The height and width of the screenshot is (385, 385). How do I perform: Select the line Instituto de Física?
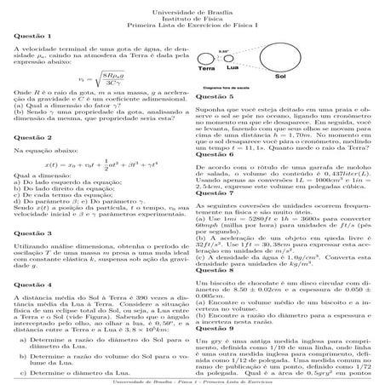(192, 17)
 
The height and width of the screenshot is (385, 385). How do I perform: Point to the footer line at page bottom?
(192, 382)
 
